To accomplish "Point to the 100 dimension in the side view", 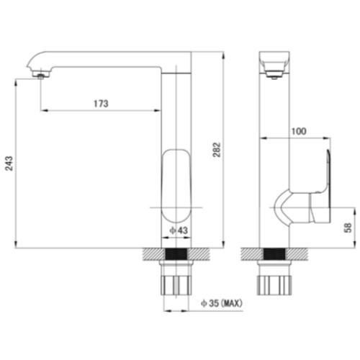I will [x=298, y=131].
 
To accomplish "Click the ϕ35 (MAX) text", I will [x=222, y=304].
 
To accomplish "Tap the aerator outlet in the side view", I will [x=273, y=73].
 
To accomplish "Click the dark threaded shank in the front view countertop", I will [x=177, y=257].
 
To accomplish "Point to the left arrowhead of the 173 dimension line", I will [x=45, y=111].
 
